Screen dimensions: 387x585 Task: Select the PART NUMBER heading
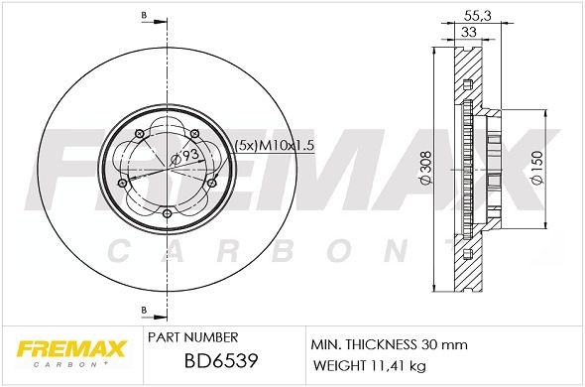point(191,336)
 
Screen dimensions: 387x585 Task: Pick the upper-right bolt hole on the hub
point(195,133)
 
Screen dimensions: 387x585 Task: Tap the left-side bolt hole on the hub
point(122,183)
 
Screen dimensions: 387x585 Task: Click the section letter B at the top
point(144,17)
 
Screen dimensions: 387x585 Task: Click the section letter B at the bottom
point(144,309)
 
